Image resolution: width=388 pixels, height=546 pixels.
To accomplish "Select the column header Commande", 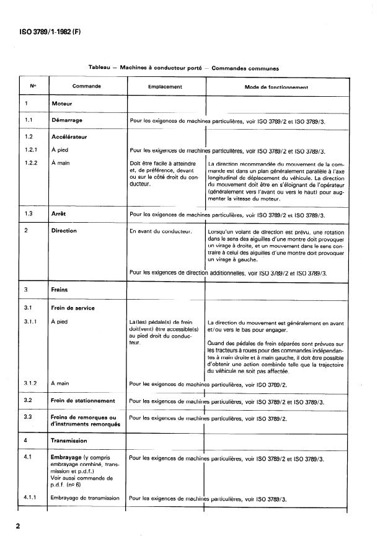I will [x=87, y=87].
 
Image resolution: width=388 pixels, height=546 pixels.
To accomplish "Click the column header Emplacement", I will [x=165, y=87].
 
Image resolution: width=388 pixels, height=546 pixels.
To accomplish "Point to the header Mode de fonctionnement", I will [x=276, y=87].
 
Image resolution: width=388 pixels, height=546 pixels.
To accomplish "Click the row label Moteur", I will [x=62, y=104].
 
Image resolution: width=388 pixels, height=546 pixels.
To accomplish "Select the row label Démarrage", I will [x=68, y=120].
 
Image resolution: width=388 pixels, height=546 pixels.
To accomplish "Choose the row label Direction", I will [x=64, y=231].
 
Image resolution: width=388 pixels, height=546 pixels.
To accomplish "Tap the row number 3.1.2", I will [x=31, y=384].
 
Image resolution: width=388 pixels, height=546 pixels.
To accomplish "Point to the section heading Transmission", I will [x=69, y=441].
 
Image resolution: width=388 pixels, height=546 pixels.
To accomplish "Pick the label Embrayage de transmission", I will [x=84, y=499].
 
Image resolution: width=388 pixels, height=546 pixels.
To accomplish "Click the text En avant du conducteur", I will [x=160, y=231].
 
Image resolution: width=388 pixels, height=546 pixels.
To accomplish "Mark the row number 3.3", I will [x=28, y=417].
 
